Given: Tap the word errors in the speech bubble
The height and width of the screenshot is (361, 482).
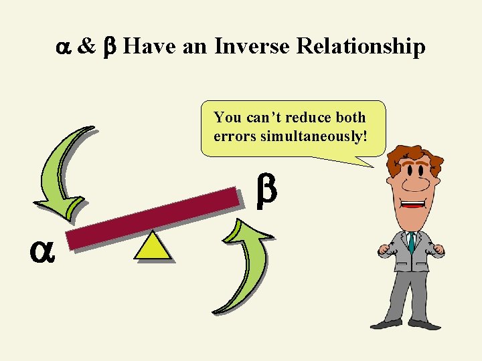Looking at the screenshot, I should coord(230,136).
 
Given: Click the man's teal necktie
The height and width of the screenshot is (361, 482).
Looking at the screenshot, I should coord(412,241).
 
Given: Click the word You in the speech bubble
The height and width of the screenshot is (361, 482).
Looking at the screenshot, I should coord(228,118).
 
